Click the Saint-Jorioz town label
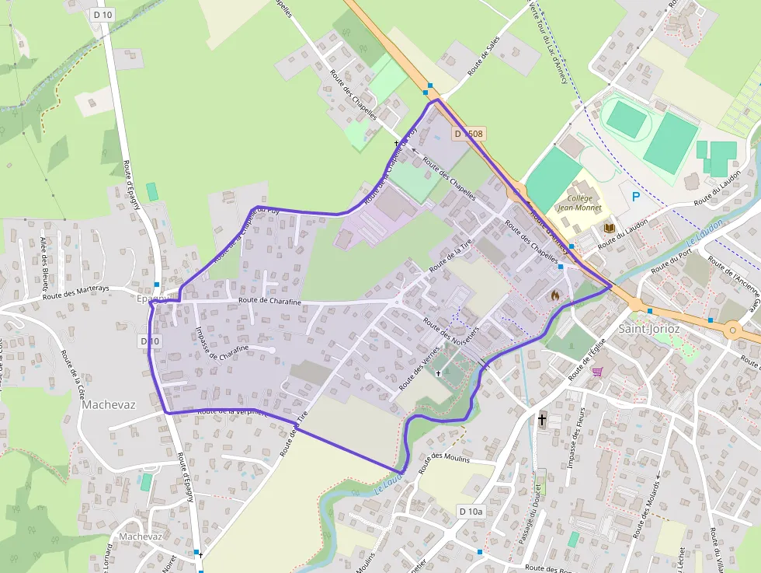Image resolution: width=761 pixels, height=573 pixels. coord(649,329)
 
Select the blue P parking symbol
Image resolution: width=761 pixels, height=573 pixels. coord(635,197)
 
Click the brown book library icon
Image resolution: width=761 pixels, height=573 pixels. coord(610,228)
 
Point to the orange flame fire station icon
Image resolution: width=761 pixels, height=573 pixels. coord(554,295)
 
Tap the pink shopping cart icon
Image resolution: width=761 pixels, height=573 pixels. coord(596,372)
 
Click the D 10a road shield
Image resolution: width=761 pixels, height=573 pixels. coord(471,511)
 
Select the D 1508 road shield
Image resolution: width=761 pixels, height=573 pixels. coord(469,134)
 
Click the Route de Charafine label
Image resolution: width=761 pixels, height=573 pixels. coord(269,300)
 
